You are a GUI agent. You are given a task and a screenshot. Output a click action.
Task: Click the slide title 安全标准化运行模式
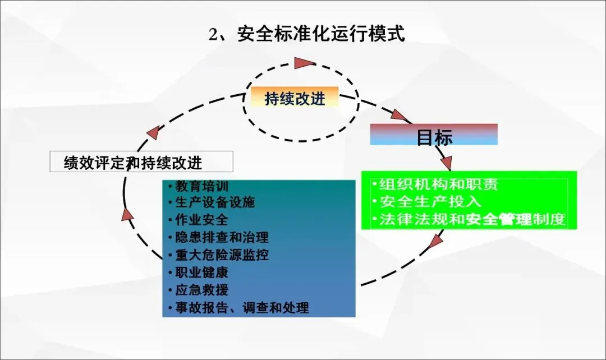click(x=320, y=34)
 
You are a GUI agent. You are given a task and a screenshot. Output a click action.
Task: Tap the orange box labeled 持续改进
click(x=295, y=99)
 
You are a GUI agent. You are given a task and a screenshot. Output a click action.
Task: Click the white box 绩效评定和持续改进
click(x=141, y=162)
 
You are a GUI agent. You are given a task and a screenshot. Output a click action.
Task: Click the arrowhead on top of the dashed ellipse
click(x=305, y=62)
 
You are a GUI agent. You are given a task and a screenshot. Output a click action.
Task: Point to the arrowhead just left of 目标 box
click(x=400, y=115)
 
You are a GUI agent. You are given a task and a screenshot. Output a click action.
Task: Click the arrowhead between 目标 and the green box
click(x=446, y=162)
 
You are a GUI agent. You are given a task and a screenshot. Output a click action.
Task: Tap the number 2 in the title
click(x=213, y=35)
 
